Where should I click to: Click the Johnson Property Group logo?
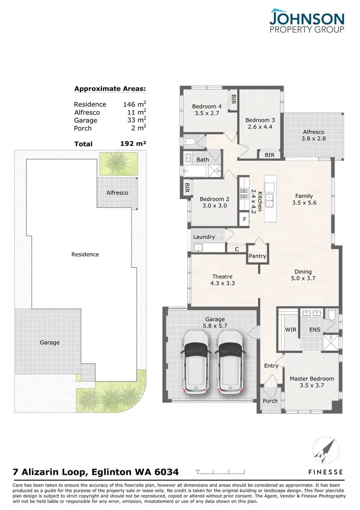click(x=307, y=21)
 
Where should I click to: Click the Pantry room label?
click(x=257, y=256)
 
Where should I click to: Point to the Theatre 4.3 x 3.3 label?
click(x=222, y=279)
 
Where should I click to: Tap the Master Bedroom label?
click(x=312, y=382)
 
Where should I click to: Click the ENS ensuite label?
click(x=314, y=330)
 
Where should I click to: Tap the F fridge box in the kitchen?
click(x=245, y=219)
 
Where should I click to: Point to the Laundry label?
click(x=204, y=237)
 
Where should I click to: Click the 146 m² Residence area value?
click(x=134, y=104)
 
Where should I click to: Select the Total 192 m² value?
click(x=133, y=143)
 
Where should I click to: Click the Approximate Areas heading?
click(x=110, y=88)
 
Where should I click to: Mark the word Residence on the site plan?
click(x=85, y=255)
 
